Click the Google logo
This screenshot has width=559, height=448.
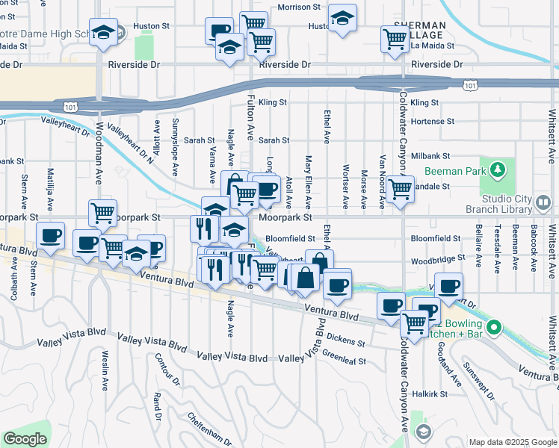tap(25, 439)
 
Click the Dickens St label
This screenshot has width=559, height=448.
tap(345, 340)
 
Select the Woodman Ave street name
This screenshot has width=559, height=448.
tap(98, 165)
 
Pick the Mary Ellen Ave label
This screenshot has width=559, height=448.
tap(308, 182)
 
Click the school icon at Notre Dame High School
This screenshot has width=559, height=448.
tap(103, 32)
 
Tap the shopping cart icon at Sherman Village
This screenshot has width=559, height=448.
tap(394, 39)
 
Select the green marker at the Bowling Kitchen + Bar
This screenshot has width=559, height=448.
tap(493, 327)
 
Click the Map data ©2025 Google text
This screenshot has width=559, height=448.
tap(511, 441)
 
